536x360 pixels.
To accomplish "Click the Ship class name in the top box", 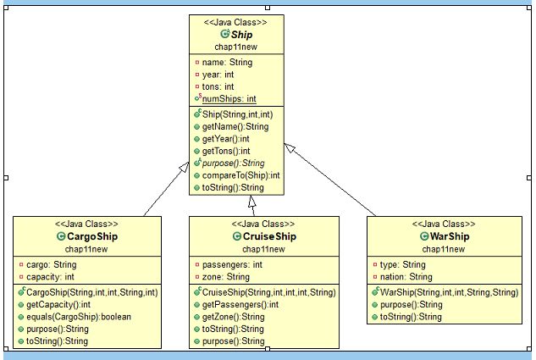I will point(241,35).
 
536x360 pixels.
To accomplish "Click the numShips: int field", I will point(229,99).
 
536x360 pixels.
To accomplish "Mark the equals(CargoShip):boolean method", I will point(78,317).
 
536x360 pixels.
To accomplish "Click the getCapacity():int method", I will point(62,305).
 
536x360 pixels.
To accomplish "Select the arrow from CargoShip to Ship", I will point(164,191).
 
